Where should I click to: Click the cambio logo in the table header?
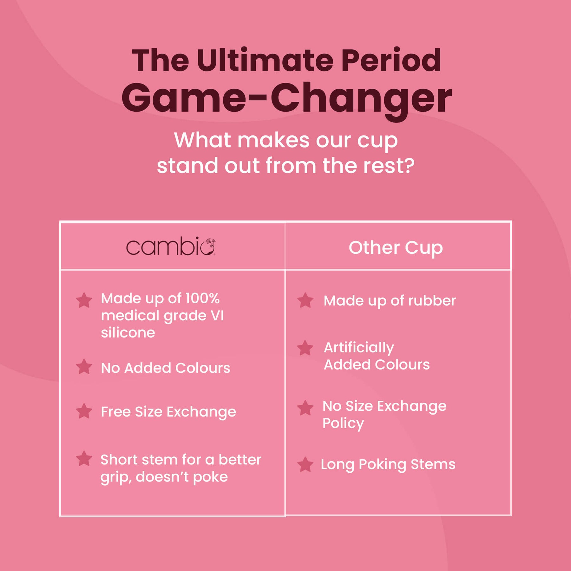171,246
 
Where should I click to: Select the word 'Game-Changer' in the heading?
286,98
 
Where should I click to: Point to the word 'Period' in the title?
391,60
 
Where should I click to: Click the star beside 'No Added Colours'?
84,367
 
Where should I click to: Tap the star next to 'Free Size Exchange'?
84,411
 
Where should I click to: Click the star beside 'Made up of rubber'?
305,300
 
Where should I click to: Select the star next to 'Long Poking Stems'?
305,464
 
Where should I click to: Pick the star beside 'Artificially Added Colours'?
305,348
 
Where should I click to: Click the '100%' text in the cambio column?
202,299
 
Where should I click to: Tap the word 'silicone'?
128,333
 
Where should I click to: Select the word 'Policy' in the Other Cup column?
343,424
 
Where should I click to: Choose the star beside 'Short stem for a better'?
84,459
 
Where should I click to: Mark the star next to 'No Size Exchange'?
305,408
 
